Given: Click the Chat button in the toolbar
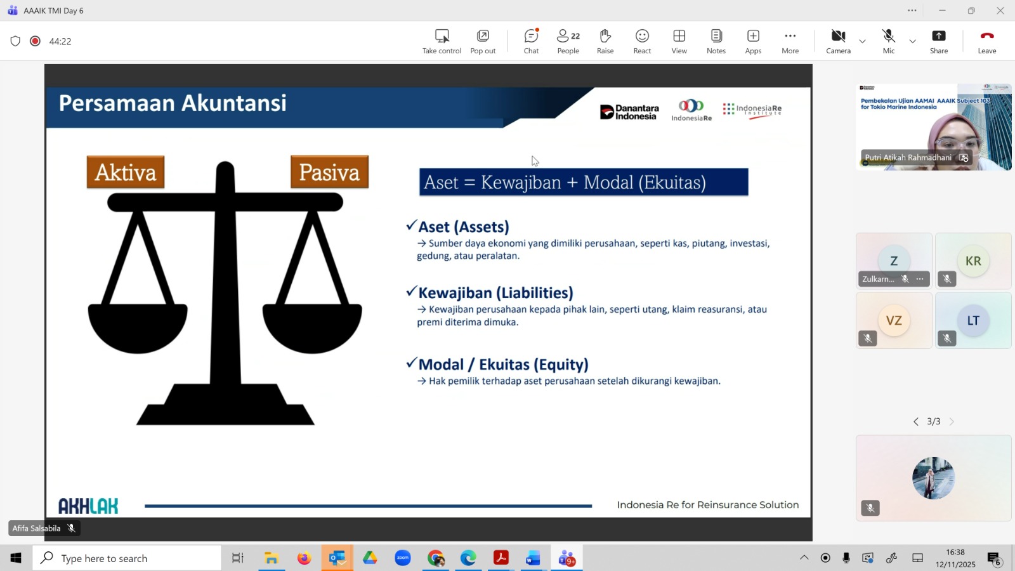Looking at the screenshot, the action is coord(531,41).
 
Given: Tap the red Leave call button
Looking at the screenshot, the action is coord(987,41).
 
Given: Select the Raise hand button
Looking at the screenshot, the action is coord(605,41).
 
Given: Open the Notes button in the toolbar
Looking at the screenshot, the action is coord(716,41).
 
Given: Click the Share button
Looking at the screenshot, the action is coord(938,41).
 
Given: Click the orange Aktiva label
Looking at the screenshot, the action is coord(126,172).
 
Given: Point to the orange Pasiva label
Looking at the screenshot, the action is coord(329,172).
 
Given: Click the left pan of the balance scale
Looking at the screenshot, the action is coord(138,327).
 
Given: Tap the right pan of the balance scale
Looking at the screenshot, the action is coord(312,327).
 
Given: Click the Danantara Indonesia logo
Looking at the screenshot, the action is coord(629,112).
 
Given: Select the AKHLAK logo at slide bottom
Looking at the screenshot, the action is coord(88,506).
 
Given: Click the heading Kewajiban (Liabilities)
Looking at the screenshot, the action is coord(495,292).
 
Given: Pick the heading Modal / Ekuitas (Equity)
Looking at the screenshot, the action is coord(503,364).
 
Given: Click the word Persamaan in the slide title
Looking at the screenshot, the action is coord(117,103).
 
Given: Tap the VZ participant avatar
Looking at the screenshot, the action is coord(894,320).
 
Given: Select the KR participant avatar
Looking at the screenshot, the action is coord(973,261).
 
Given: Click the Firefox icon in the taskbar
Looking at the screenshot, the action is coord(304,558).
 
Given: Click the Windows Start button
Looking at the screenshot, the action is coord(16,558).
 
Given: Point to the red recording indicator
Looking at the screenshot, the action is coord(35,41).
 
